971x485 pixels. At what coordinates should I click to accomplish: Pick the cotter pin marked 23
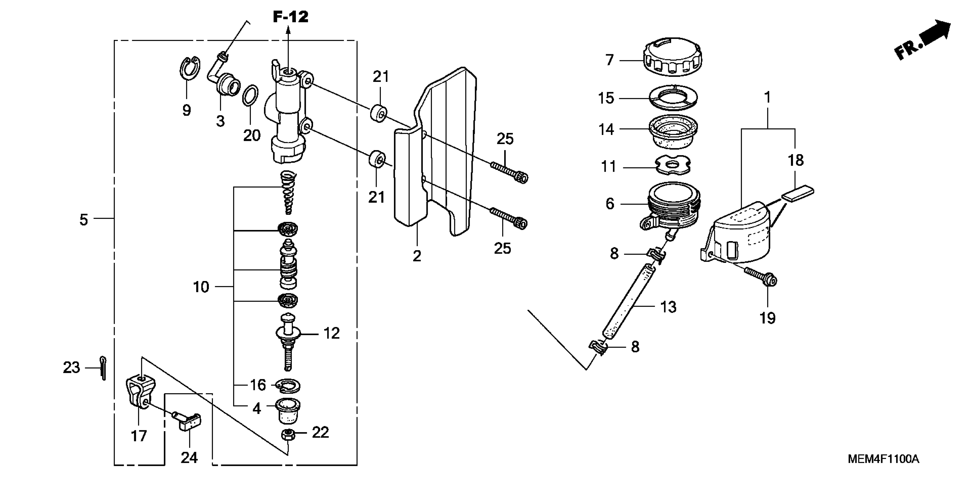tap(103, 368)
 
